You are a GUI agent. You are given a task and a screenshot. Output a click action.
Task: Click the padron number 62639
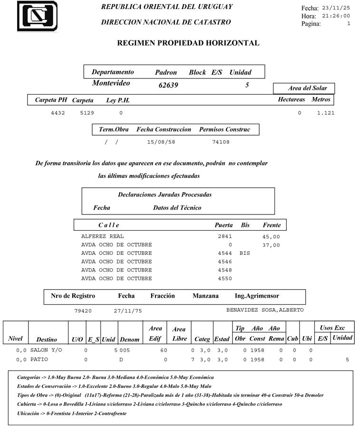(x=168, y=86)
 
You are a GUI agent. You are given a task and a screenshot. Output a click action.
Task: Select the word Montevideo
(x=111, y=83)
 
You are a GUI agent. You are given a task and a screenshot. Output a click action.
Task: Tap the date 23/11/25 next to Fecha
(x=336, y=8)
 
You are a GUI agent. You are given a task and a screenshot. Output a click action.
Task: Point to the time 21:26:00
(x=336, y=16)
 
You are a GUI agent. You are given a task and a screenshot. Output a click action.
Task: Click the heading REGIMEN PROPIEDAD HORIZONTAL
(x=188, y=43)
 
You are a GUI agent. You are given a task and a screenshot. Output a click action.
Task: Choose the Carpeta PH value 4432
(x=58, y=113)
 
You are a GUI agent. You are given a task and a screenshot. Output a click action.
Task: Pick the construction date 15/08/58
(x=161, y=142)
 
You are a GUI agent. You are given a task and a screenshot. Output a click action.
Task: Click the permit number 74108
(x=221, y=142)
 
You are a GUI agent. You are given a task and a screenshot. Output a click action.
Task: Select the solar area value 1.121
(x=326, y=113)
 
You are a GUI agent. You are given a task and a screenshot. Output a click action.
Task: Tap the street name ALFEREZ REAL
(x=103, y=236)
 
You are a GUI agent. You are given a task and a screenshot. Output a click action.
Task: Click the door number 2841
(x=225, y=236)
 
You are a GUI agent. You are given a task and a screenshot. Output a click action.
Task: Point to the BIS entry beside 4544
(x=244, y=253)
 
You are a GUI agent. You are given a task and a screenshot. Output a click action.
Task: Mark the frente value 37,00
(x=271, y=245)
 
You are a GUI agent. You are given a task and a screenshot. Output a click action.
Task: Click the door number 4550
(x=225, y=279)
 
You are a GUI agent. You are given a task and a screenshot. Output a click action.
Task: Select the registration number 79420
(x=83, y=311)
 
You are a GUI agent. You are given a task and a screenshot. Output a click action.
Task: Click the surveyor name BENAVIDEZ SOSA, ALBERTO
(x=265, y=311)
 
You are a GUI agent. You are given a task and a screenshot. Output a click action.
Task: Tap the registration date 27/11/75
(x=128, y=311)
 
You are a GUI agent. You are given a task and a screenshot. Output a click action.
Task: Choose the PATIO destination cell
(x=39, y=360)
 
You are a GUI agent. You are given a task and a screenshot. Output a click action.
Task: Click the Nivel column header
(x=16, y=339)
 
